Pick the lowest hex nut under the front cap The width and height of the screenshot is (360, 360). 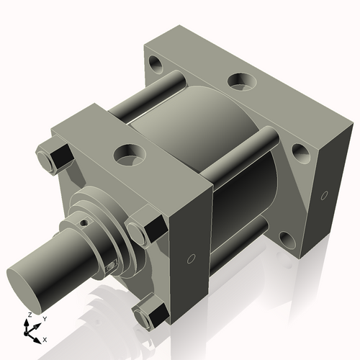(150, 313)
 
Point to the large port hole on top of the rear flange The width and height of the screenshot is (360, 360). (241, 81)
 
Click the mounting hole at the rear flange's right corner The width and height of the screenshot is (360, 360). (300, 153)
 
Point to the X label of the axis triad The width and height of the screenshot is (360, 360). (45, 338)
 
